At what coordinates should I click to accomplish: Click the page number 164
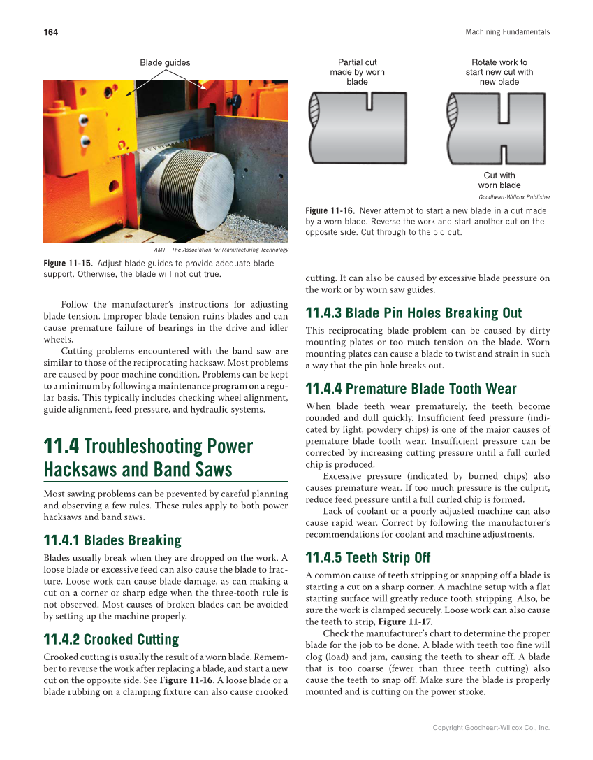click(50, 32)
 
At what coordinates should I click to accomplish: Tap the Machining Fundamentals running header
click(507, 32)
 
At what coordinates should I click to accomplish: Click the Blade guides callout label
click(165, 63)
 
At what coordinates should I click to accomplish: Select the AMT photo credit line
click(220, 250)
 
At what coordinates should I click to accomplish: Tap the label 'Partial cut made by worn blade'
click(357, 72)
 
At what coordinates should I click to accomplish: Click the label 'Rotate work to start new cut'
click(499, 72)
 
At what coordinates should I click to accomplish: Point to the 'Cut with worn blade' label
click(499, 180)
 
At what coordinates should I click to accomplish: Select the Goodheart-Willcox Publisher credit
click(513, 197)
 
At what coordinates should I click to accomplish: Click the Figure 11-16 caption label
click(330, 210)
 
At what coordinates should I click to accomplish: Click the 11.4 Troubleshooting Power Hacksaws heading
click(148, 457)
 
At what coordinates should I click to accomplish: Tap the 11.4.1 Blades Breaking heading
click(112, 540)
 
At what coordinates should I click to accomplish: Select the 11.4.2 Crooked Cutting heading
click(111, 640)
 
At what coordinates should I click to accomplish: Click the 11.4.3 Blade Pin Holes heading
click(413, 313)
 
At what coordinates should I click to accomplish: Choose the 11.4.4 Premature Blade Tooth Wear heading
click(411, 389)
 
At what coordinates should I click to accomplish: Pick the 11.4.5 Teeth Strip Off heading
click(368, 558)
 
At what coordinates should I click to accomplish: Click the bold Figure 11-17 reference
click(404, 622)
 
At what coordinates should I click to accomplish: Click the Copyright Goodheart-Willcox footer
click(491, 728)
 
